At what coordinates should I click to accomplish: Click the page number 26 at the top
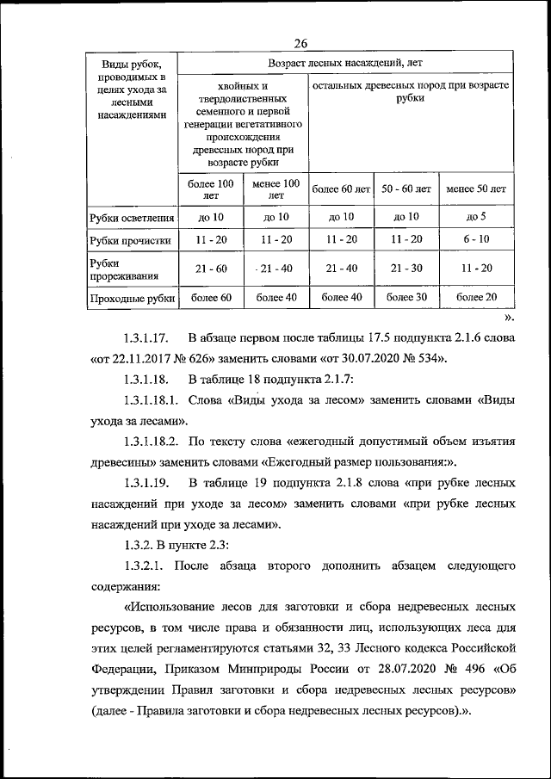click(x=300, y=44)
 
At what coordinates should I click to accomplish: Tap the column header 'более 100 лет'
click(x=211, y=189)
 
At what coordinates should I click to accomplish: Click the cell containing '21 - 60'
click(x=211, y=269)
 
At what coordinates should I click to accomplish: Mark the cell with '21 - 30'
click(x=406, y=269)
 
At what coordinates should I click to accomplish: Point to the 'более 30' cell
click(x=406, y=298)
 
